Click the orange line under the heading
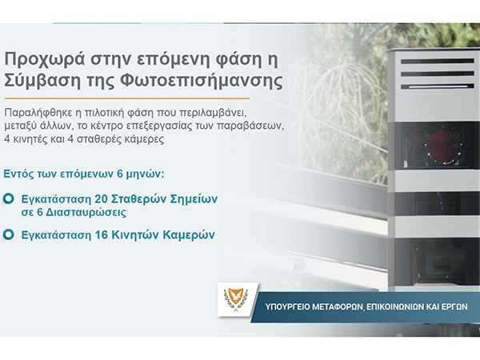(x=127, y=98)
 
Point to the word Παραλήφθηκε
(x=38, y=113)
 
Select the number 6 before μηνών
(x=120, y=174)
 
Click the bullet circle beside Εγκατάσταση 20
(x=9, y=198)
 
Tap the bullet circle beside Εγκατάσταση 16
(x=9, y=234)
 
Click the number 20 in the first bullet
(x=101, y=198)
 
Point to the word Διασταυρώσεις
(x=86, y=212)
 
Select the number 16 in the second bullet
(x=101, y=234)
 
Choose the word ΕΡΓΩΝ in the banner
(x=454, y=306)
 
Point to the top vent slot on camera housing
(x=437, y=62)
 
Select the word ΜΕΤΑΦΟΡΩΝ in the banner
(x=338, y=306)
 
